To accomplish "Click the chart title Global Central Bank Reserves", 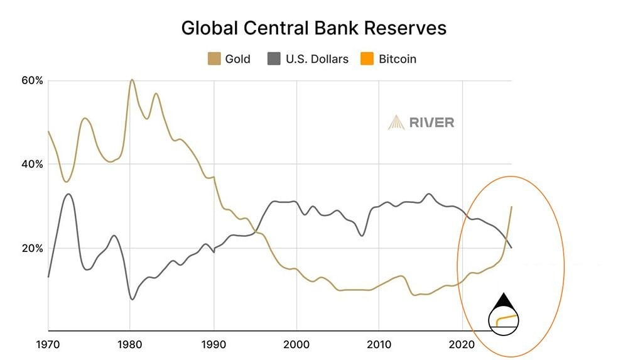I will coord(313,28).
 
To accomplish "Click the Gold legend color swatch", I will coord(213,59).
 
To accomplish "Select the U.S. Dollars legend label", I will coord(317,59).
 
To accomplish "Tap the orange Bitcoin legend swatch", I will coord(367,59).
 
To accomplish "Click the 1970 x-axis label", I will coord(48,345).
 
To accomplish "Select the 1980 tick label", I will coord(131,345).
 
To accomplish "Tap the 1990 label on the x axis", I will coord(214,345).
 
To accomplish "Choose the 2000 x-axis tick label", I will coord(296,345).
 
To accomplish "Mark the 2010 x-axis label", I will coord(379,345).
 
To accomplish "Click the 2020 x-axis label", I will coord(462,345).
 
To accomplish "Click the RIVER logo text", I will coord(431,123).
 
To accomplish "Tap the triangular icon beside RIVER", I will coord(396,123).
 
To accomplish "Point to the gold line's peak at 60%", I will coord(131,80).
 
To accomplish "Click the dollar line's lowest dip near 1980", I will coord(132,299).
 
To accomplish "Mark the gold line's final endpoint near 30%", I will coord(512,207).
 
